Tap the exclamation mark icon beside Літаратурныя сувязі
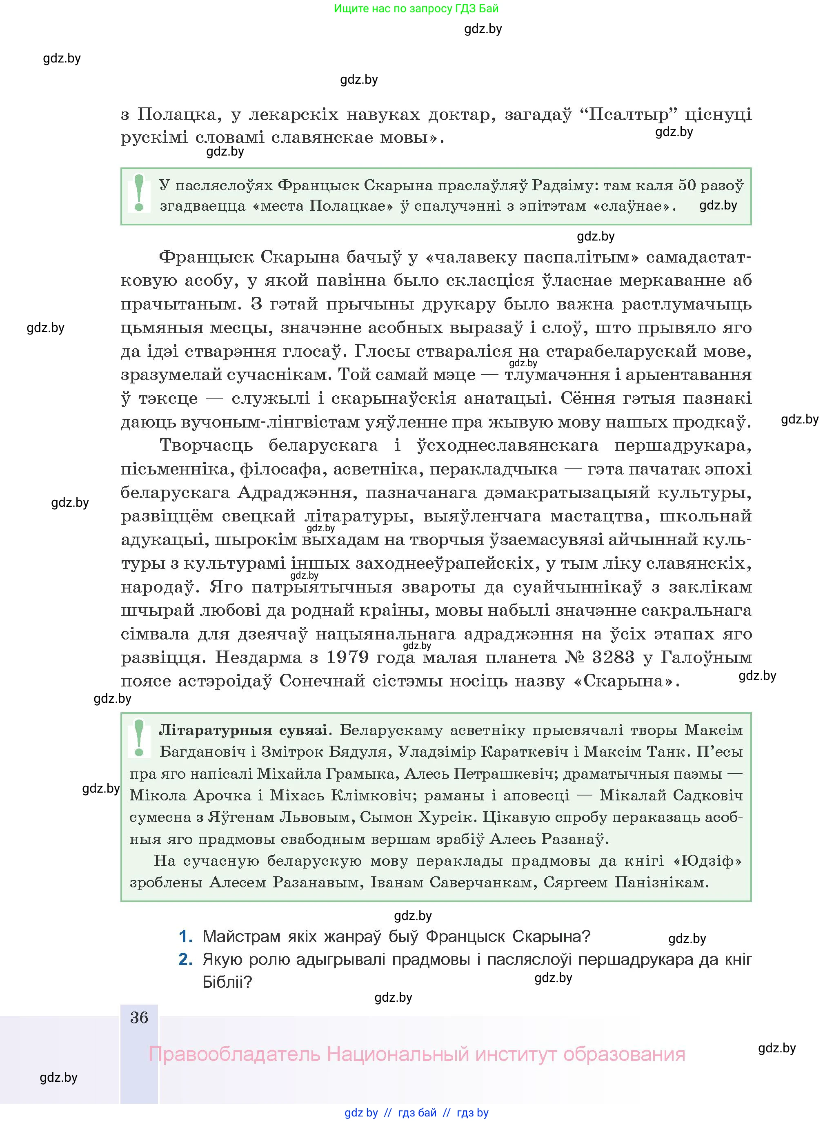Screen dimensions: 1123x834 (139, 738)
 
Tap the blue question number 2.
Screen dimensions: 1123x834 (186, 959)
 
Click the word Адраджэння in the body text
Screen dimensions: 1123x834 (294, 492)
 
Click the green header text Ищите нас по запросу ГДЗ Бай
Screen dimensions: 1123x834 (416, 9)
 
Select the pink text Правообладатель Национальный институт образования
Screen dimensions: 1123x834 (416, 1054)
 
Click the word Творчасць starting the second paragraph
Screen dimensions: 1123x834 (206, 446)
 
